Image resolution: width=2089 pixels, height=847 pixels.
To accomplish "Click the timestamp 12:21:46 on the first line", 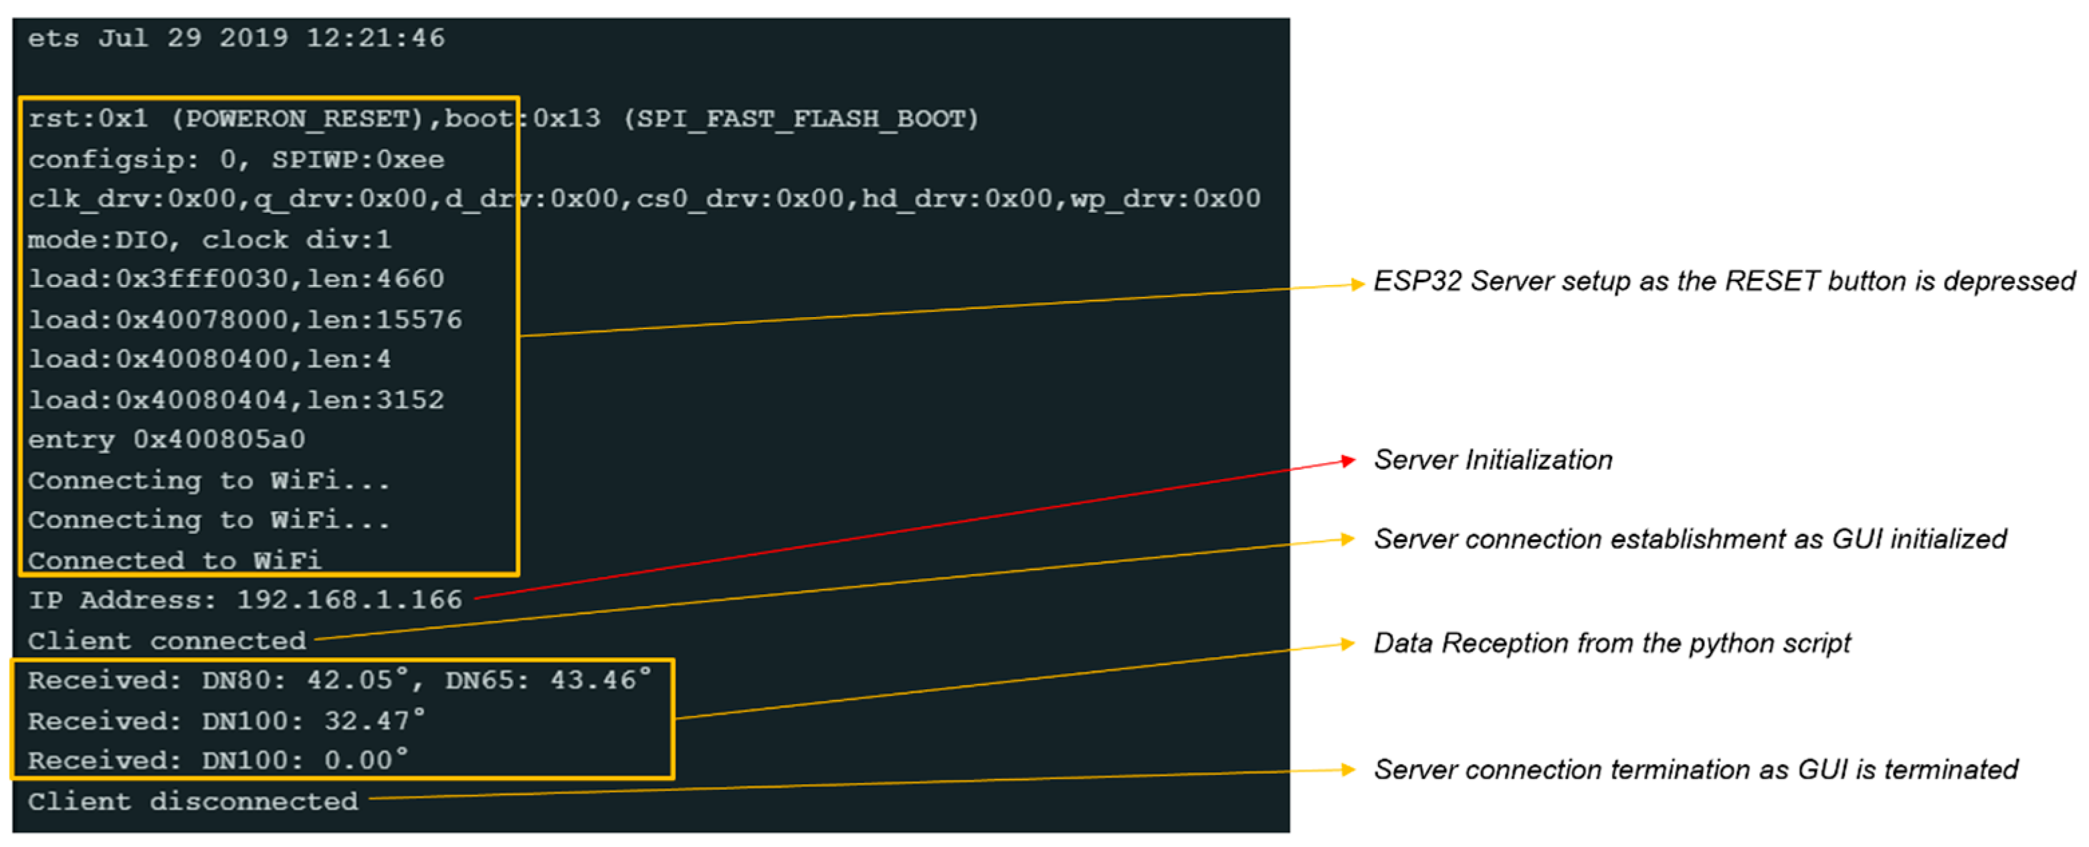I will click(375, 38).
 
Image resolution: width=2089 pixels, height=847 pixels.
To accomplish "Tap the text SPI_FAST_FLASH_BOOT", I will click(801, 119).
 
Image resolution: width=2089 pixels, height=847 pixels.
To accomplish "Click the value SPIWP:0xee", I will click(358, 160).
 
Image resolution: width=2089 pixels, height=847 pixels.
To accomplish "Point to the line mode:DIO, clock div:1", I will click(209, 240).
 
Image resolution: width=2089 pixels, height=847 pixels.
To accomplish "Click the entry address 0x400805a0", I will click(219, 440).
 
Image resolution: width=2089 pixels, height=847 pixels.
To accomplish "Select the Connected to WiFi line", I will click(175, 560).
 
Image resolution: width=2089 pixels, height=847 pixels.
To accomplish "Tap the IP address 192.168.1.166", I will click(349, 600).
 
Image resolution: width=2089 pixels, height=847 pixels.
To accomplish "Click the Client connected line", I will click(167, 641).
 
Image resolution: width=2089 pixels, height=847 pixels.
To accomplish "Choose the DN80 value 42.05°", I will click(356, 680).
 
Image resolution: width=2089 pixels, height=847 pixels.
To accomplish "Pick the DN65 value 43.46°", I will click(600, 680).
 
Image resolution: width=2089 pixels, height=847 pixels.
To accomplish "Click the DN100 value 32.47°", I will click(374, 721).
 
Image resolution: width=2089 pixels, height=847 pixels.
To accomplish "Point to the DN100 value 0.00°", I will click(366, 760).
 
